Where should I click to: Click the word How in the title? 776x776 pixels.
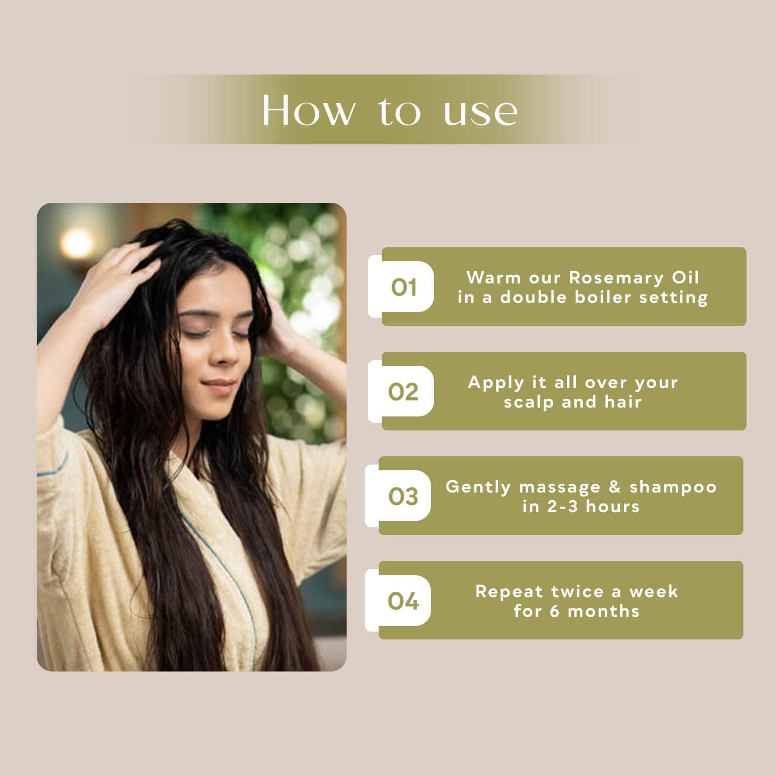309,110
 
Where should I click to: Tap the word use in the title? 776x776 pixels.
481,112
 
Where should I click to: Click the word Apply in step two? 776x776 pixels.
489,383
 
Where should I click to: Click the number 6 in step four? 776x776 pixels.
555,611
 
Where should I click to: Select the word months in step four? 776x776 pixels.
604,611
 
